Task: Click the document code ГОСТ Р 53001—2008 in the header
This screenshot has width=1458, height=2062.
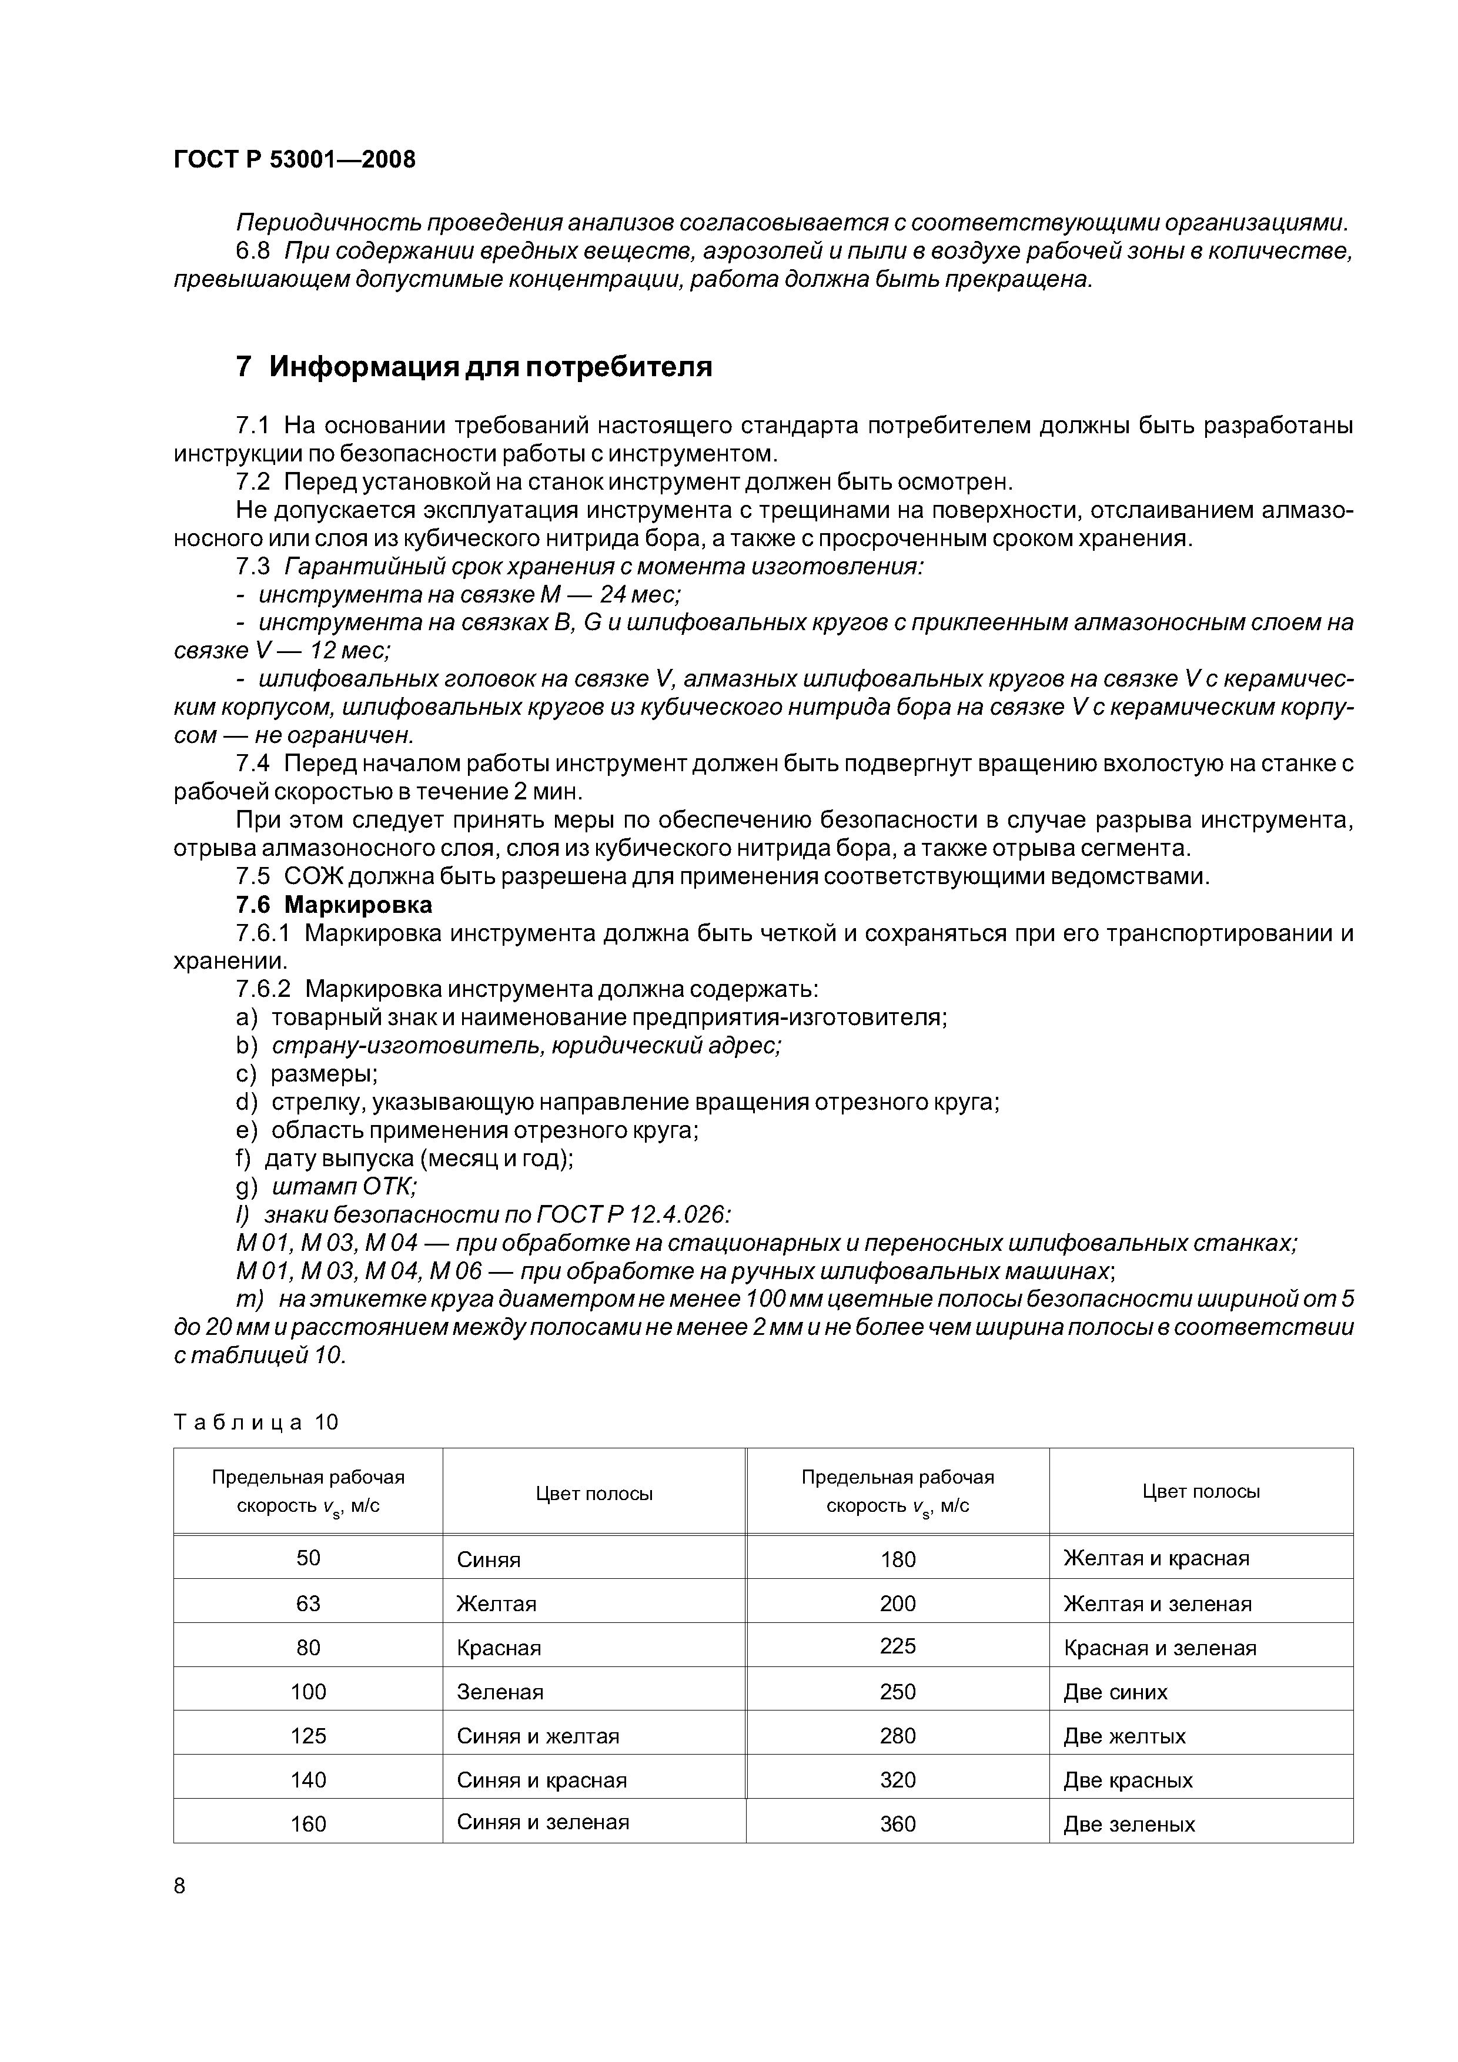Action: (295, 160)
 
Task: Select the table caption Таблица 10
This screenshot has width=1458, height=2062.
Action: (256, 1422)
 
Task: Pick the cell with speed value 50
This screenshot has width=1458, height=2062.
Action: (308, 1557)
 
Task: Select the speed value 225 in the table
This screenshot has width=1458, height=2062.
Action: (898, 1645)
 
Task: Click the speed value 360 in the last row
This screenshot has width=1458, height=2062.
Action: (898, 1824)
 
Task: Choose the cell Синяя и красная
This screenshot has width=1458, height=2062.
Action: (541, 1780)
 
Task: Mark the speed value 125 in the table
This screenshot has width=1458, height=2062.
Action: (308, 1736)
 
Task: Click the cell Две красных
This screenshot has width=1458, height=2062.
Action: (1128, 1780)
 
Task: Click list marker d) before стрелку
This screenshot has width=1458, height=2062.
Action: (246, 1102)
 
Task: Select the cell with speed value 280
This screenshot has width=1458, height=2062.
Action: (898, 1736)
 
